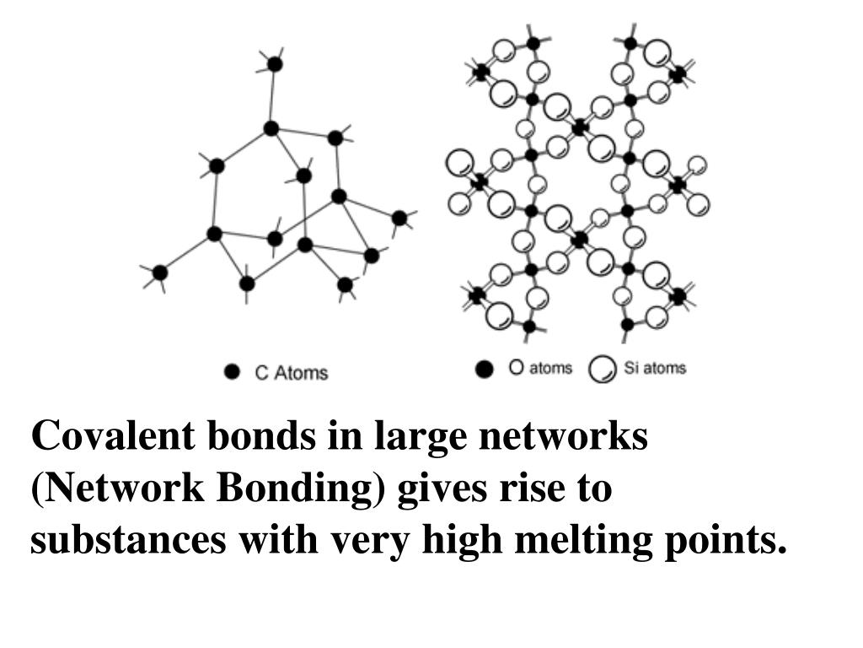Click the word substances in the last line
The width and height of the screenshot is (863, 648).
pyautogui.click(x=127, y=541)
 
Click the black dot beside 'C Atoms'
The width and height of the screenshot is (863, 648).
pyautogui.click(x=233, y=372)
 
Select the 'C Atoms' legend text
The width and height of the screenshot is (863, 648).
pyautogui.click(x=291, y=372)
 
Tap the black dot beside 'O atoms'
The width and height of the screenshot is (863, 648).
pyautogui.click(x=484, y=369)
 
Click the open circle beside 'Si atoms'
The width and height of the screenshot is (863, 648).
pyautogui.click(x=602, y=370)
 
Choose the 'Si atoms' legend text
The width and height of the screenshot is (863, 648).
pyautogui.click(x=655, y=368)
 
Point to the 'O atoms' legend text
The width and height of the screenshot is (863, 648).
pyautogui.click(x=540, y=368)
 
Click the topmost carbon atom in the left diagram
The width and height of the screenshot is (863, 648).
pyautogui.click(x=275, y=63)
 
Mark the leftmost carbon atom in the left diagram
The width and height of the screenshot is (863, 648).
pyautogui.click(x=159, y=273)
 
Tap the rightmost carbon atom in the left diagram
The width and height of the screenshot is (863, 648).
pyautogui.click(x=399, y=218)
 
